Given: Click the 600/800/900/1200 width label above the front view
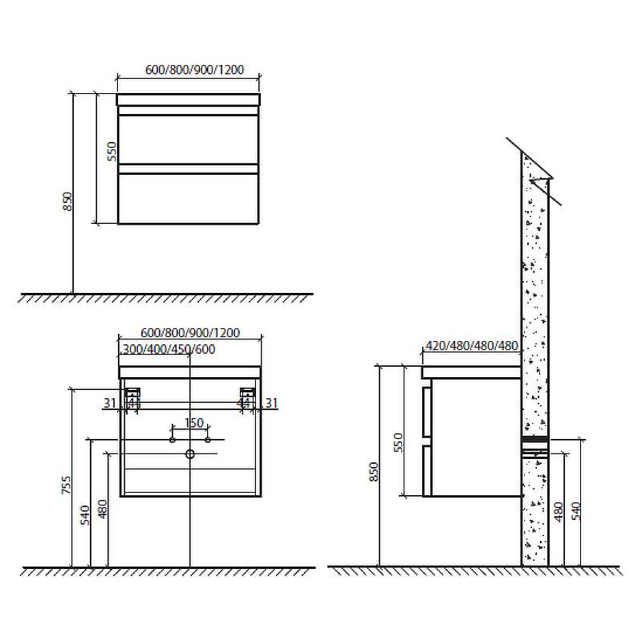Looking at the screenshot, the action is coord(194,70).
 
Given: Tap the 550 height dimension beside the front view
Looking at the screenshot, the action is coord(112,152).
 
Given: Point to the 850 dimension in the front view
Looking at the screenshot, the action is coord(68,202).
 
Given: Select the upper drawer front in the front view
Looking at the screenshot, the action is coord(189,139).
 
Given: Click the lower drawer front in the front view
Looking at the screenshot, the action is coord(189,198).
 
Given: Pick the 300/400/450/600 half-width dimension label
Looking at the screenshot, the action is coord(169,350).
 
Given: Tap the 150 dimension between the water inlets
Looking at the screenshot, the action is coord(193,423).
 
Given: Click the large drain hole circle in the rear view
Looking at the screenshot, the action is coord(189,453).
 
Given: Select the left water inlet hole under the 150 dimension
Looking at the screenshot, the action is coord(173,440).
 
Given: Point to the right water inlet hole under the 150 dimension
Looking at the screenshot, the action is coord(208,440).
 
